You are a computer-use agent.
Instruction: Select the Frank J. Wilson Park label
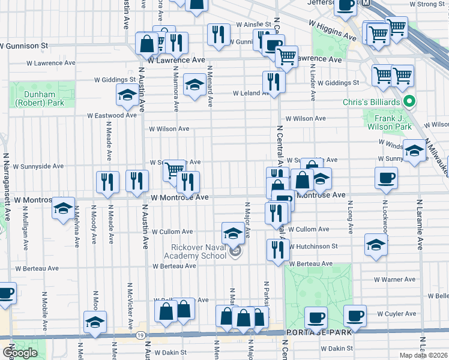pos(390,123)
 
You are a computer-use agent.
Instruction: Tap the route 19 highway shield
pos(140,334)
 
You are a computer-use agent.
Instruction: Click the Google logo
pos(19,353)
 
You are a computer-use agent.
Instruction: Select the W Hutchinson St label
pos(313,246)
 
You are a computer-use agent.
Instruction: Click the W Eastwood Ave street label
pos(112,115)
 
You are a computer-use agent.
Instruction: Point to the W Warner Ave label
pos(394,279)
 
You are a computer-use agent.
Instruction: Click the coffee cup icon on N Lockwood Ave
pos(385,177)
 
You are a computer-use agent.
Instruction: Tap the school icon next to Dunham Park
pos(127,94)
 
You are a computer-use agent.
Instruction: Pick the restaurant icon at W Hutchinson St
pos(278,249)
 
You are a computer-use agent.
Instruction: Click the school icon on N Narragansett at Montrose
pos(64,208)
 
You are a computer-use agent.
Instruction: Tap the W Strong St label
pos(427,4)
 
